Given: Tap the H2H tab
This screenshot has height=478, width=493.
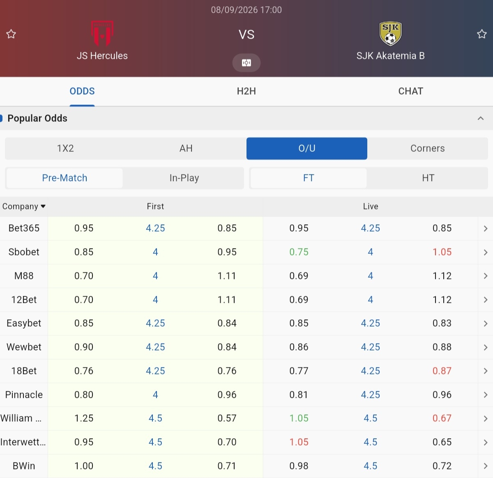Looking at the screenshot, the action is coord(246,91).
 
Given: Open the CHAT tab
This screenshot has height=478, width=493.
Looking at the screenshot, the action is coord(411,91).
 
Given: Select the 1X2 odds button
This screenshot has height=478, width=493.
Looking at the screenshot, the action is coord(65,149).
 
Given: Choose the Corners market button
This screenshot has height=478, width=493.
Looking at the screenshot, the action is coord(427,149).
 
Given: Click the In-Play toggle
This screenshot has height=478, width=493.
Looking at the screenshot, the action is coord(184,178).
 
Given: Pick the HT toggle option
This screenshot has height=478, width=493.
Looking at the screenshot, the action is coord(428,178).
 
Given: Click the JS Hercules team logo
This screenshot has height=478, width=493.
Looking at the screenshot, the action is coord(102,33).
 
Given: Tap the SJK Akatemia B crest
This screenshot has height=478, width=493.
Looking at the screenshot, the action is coord(390,33).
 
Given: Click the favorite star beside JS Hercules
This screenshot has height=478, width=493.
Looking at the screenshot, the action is coord(11,34).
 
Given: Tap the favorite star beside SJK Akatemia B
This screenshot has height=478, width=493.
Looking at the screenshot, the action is coord(481,34).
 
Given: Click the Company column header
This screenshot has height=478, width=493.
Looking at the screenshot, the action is coord(24,206).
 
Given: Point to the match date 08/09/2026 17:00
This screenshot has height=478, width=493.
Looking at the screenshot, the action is coord(246,10).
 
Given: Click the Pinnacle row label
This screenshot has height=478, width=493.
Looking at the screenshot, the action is coord(24,394).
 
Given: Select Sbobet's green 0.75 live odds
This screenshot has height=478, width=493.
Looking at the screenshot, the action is coord(299,252).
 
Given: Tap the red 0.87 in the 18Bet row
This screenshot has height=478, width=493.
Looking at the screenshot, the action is coord(442,371).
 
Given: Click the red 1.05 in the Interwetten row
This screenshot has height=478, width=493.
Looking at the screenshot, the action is coord(299,442).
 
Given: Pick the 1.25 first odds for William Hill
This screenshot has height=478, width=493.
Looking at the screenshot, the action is coord(83,418).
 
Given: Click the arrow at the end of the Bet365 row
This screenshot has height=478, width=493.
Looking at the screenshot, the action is coord(486,228).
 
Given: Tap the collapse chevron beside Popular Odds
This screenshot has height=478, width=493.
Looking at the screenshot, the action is coord(481,118).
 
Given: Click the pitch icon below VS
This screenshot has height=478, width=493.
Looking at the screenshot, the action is coord(246,63).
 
